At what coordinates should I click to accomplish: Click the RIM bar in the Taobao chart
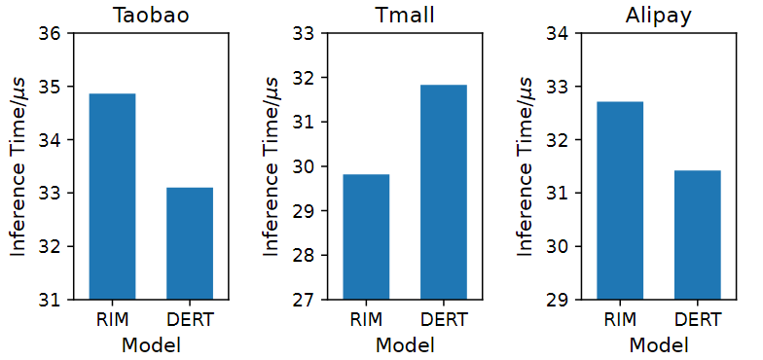112,196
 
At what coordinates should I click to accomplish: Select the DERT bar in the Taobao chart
190,243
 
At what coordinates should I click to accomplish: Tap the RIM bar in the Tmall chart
366,236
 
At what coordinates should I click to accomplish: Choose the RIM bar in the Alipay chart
620,199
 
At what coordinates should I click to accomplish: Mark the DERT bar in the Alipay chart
697,234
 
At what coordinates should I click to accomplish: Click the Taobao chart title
151,16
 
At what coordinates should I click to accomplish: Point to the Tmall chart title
404,16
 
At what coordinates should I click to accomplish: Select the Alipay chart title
658,16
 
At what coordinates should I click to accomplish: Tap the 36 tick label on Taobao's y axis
51,34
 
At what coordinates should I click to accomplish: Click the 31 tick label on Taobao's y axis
51,300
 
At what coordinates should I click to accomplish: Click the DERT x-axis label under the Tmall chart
443,319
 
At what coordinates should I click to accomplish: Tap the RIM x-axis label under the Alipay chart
620,319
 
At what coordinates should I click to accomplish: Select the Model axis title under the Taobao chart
151,344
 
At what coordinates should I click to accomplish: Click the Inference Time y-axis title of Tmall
272,166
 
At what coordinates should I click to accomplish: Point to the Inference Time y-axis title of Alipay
526,166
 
